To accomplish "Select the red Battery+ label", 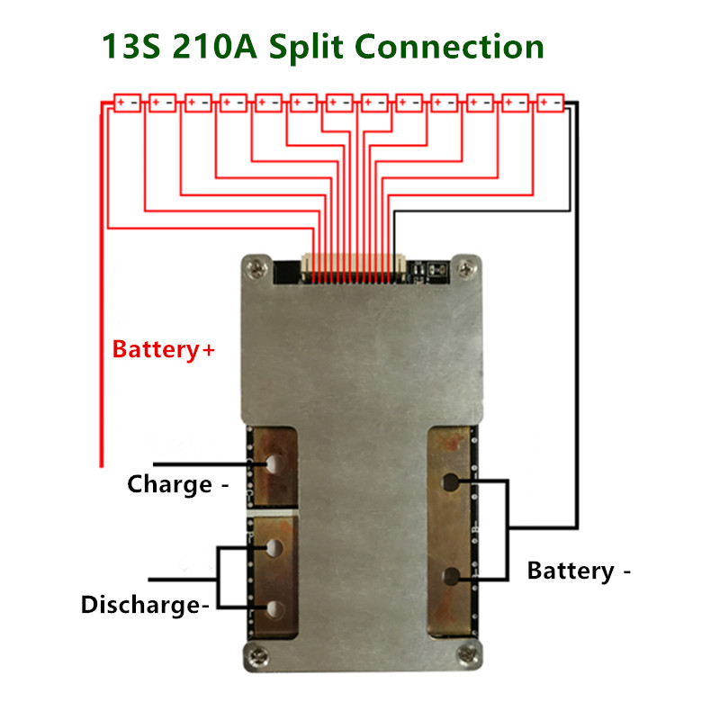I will tap(163, 350).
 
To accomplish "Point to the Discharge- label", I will tap(145, 605).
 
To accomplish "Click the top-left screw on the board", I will tap(257, 266).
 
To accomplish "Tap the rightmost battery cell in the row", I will tap(550, 103).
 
